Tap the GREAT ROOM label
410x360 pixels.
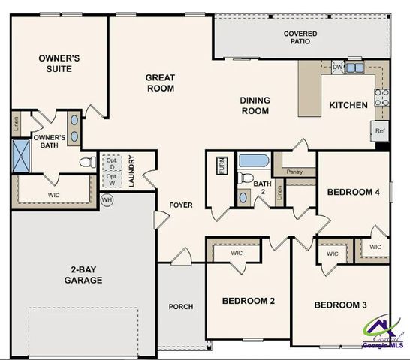160,82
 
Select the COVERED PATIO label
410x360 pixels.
300,37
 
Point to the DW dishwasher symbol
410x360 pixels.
338,67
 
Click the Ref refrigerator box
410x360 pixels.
380,130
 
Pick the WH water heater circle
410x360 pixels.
107,200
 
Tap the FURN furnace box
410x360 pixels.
222,165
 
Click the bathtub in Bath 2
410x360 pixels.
255,161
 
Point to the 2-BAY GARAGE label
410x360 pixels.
83,274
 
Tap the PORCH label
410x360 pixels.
180,306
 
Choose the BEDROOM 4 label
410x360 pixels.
353,192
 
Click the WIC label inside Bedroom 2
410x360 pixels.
237,253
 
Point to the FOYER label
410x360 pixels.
180,204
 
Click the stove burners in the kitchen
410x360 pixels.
382,95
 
